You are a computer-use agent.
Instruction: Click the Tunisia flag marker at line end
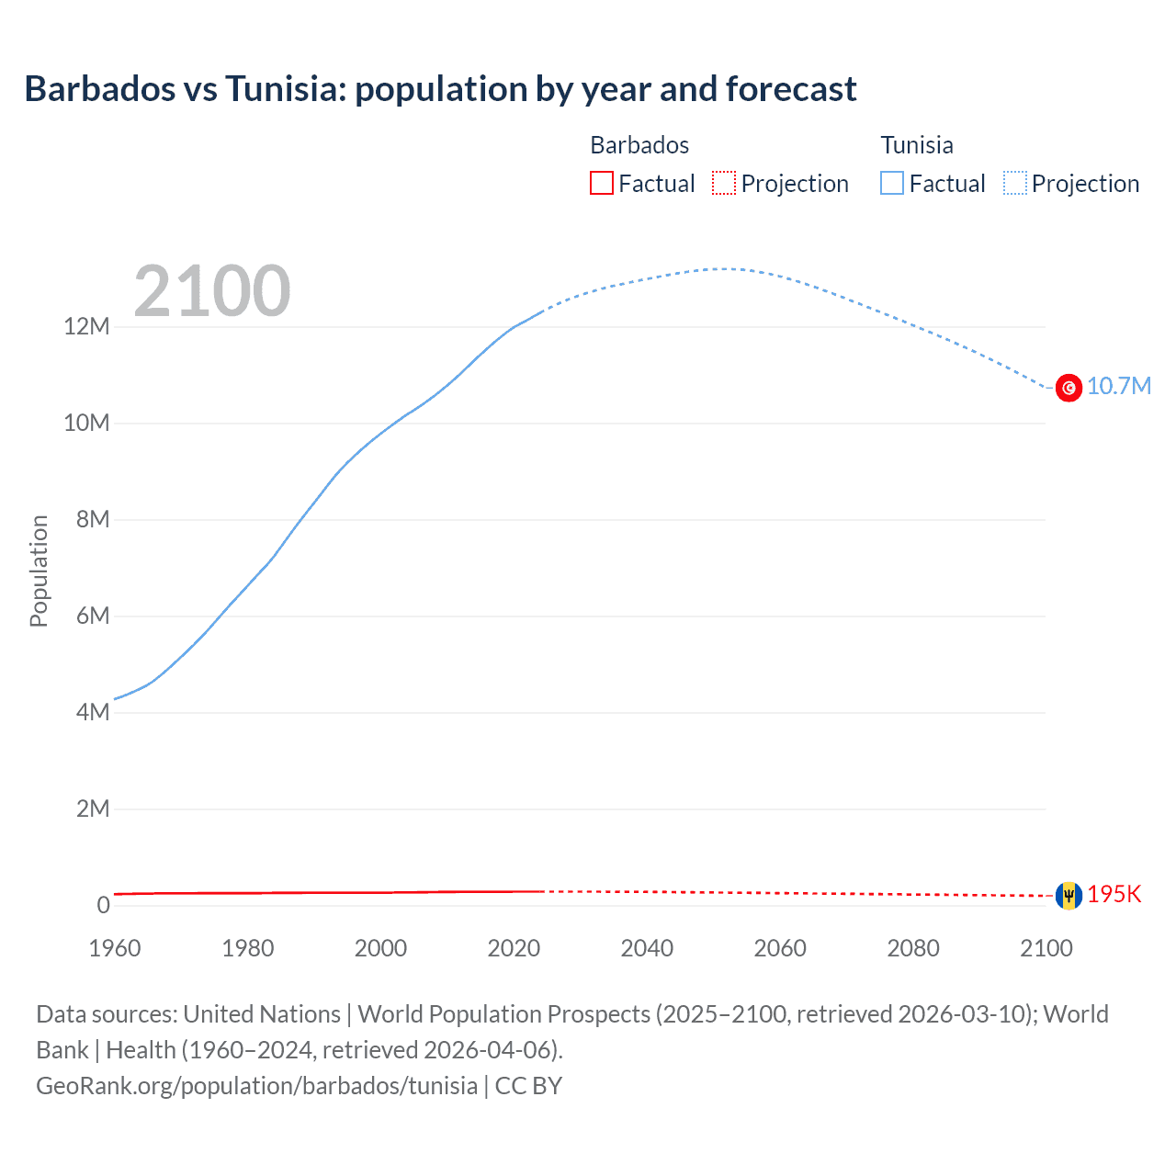1069,389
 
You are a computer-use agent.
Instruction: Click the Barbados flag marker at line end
1069,895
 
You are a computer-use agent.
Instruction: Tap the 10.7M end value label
1118,386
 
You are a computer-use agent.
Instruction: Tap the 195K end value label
1114,894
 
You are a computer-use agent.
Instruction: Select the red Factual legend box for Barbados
602,184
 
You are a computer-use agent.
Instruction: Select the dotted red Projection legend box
724,184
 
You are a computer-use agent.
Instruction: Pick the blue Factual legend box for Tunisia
892,184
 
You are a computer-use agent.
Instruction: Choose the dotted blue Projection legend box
1015,184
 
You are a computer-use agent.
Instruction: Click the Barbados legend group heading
639,145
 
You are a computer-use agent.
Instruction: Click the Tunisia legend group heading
917,145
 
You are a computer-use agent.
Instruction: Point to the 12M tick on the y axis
86,327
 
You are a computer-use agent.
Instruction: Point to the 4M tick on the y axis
92,712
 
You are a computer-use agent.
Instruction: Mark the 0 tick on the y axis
103,905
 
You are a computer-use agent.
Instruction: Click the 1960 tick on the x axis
115,948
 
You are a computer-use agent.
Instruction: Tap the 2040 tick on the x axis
647,948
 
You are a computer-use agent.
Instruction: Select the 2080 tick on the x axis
913,948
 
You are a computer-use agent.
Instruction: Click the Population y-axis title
39,571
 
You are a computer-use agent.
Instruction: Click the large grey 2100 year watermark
212,291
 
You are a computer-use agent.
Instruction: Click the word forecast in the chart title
790,89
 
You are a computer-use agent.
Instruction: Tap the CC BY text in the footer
528,1086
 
